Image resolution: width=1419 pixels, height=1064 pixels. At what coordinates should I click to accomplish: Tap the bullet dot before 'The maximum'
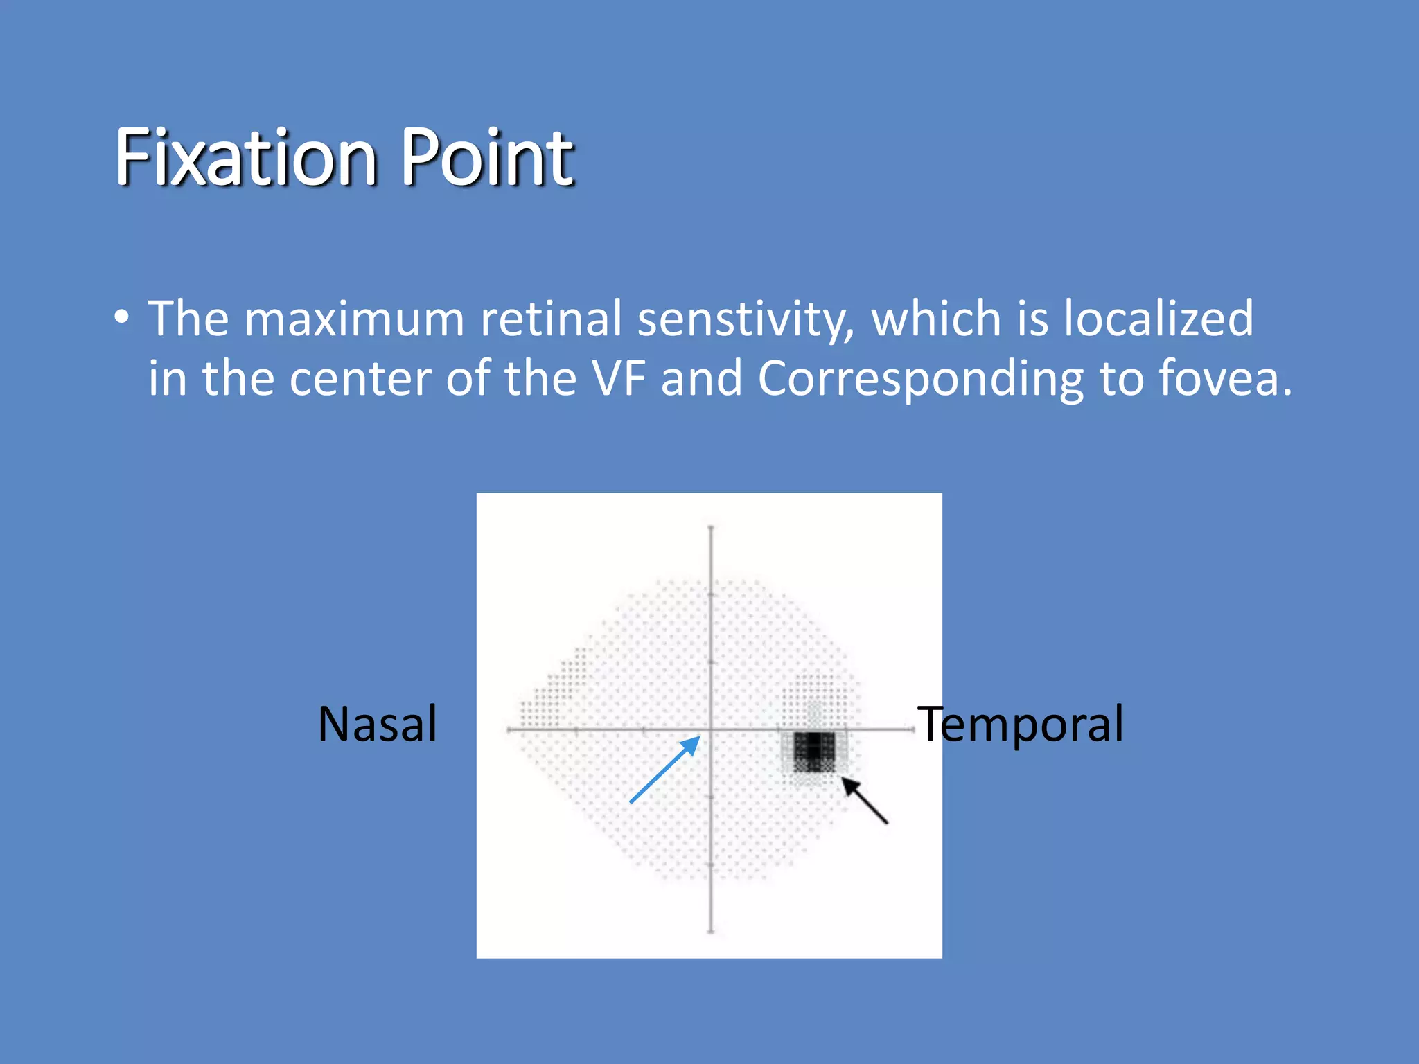(x=122, y=318)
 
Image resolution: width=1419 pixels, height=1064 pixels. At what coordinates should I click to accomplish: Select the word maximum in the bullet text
(x=354, y=319)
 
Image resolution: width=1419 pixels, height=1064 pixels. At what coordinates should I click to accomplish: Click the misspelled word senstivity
(x=746, y=319)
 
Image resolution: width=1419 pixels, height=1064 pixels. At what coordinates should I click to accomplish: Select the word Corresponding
(x=920, y=379)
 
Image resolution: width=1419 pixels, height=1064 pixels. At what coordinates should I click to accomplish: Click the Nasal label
(x=378, y=724)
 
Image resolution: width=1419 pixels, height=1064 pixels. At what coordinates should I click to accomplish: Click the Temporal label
(x=1020, y=724)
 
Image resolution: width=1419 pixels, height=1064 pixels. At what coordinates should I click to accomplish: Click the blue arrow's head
(x=693, y=743)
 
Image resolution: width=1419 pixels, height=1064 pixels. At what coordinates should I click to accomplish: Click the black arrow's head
(x=848, y=783)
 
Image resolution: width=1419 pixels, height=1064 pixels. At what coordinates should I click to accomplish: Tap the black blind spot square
(x=813, y=752)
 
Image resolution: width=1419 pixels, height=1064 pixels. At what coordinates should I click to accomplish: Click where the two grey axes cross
(x=711, y=729)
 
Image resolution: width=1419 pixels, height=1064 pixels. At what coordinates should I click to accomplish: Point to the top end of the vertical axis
(x=711, y=528)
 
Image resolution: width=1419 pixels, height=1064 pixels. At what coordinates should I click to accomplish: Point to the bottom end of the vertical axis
(x=711, y=932)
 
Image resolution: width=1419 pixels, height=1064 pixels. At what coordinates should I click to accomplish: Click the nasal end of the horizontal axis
(x=509, y=729)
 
